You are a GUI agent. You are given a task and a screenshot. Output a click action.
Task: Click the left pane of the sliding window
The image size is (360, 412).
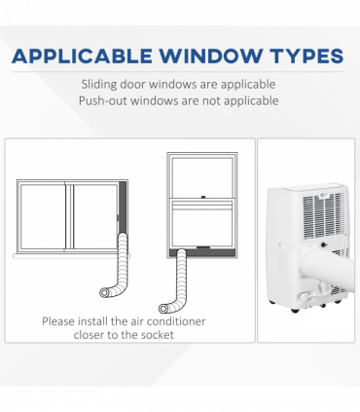[x=43, y=217]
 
